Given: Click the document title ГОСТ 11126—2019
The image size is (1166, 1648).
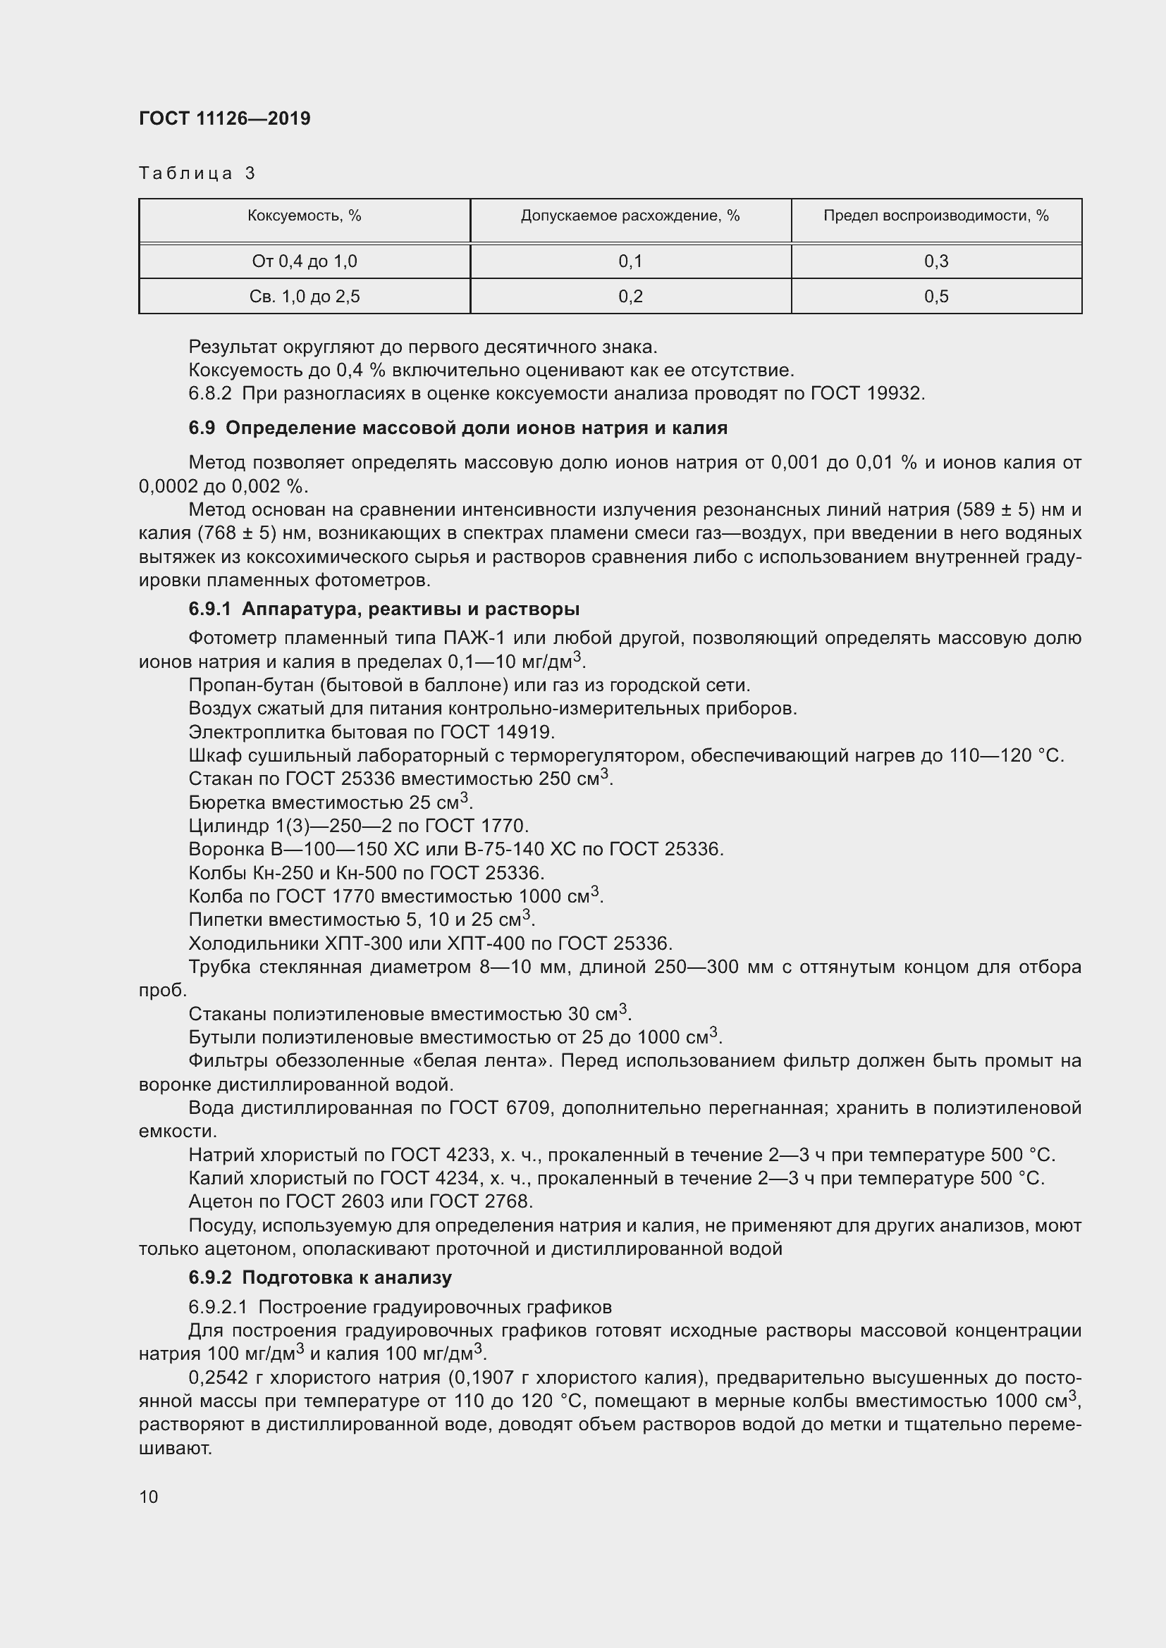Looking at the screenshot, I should [x=224, y=118].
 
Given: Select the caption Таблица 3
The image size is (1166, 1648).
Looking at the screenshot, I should [x=197, y=173].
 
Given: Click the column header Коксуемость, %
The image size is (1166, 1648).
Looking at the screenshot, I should [x=304, y=216].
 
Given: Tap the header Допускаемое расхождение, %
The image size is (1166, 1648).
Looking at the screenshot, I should [x=630, y=216].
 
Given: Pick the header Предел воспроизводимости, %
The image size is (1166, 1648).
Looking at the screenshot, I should [x=935, y=216].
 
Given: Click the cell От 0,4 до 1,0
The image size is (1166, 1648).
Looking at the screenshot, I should [x=304, y=261].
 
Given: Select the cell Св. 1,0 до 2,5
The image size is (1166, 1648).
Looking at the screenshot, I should [x=304, y=297].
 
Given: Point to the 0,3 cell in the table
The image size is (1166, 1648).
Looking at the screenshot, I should [x=935, y=261].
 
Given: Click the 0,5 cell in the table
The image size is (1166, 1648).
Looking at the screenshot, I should [x=935, y=297].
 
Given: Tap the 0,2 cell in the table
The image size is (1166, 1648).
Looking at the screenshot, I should [x=630, y=297].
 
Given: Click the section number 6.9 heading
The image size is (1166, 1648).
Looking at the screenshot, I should [x=202, y=428].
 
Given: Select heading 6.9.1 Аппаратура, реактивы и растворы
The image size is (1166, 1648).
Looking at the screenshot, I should [x=383, y=609].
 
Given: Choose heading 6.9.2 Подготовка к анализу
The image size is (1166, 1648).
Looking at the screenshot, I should [x=319, y=1277].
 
